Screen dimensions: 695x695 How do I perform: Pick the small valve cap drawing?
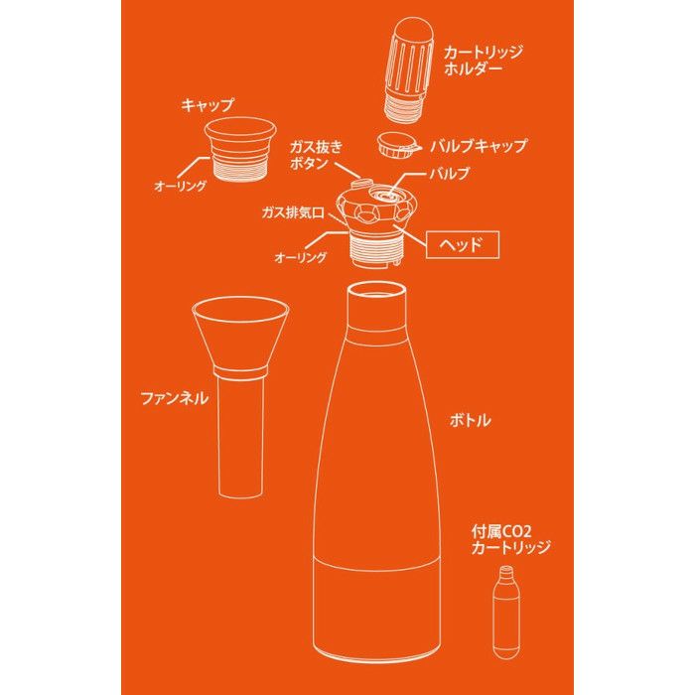(x=397, y=146)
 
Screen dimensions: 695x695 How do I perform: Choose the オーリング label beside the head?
(x=300, y=257)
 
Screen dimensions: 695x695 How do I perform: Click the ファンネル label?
(x=174, y=398)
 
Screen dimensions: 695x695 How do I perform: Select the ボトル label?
(x=476, y=420)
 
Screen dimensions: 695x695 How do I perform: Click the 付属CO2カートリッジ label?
(x=510, y=540)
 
